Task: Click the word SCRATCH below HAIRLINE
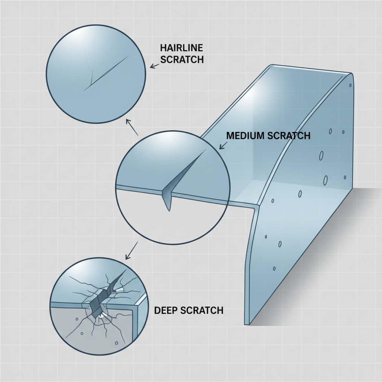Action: click(x=182, y=59)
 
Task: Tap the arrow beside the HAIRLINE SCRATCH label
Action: click(x=154, y=66)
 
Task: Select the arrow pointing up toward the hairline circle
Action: click(x=132, y=127)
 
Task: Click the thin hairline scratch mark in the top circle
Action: click(x=108, y=73)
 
